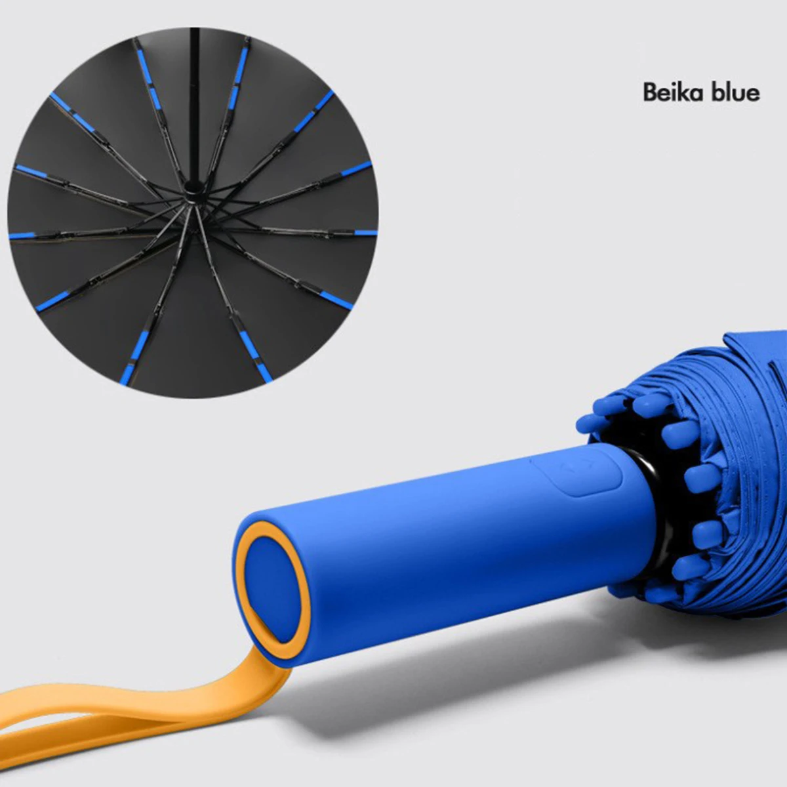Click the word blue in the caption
(735, 92)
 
